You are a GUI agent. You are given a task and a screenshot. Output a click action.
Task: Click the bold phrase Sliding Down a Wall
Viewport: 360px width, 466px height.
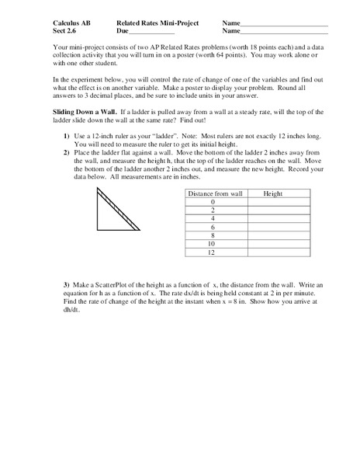[x=74, y=123]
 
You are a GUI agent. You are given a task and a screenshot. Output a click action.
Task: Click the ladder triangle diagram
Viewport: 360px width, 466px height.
[x=115, y=210]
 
